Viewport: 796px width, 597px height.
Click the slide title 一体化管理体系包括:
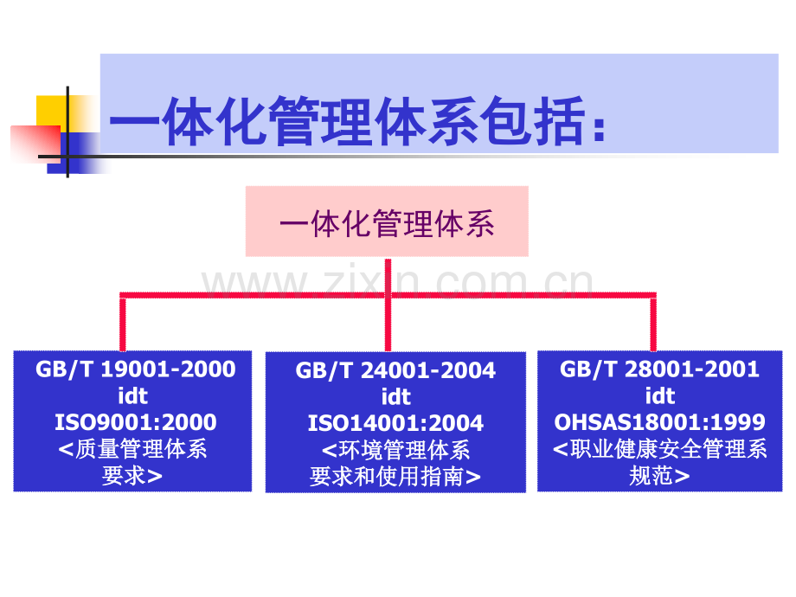coord(357,121)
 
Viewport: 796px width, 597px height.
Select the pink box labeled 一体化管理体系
coord(387,221)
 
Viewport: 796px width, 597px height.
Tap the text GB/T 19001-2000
coord(136,369)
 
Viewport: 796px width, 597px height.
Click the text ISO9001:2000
coord(136,422)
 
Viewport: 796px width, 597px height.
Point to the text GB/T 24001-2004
coord(395,370)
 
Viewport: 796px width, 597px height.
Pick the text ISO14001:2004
coord(395,423)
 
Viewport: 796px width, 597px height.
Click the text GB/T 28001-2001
coord(659,369)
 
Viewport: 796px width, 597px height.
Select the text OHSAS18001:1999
coord(659,422)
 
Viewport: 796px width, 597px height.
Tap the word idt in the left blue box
coord(133,396)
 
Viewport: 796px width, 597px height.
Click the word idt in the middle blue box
coord(396,397)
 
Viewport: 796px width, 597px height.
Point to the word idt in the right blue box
coord(660,396)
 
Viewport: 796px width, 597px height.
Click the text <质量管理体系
coord(133,449)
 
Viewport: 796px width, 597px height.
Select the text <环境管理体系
coord(396,450)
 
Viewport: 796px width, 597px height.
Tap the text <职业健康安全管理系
coord(659,449)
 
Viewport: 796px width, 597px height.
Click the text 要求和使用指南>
coord(395,476)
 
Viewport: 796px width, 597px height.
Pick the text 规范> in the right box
coord(659,476)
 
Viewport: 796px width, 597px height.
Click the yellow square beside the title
coord(52,111)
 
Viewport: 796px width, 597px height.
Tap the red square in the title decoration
coord(35,144)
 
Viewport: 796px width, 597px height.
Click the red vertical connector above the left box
coord(122,323)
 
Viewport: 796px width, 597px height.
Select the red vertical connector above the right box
coord(653,323)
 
